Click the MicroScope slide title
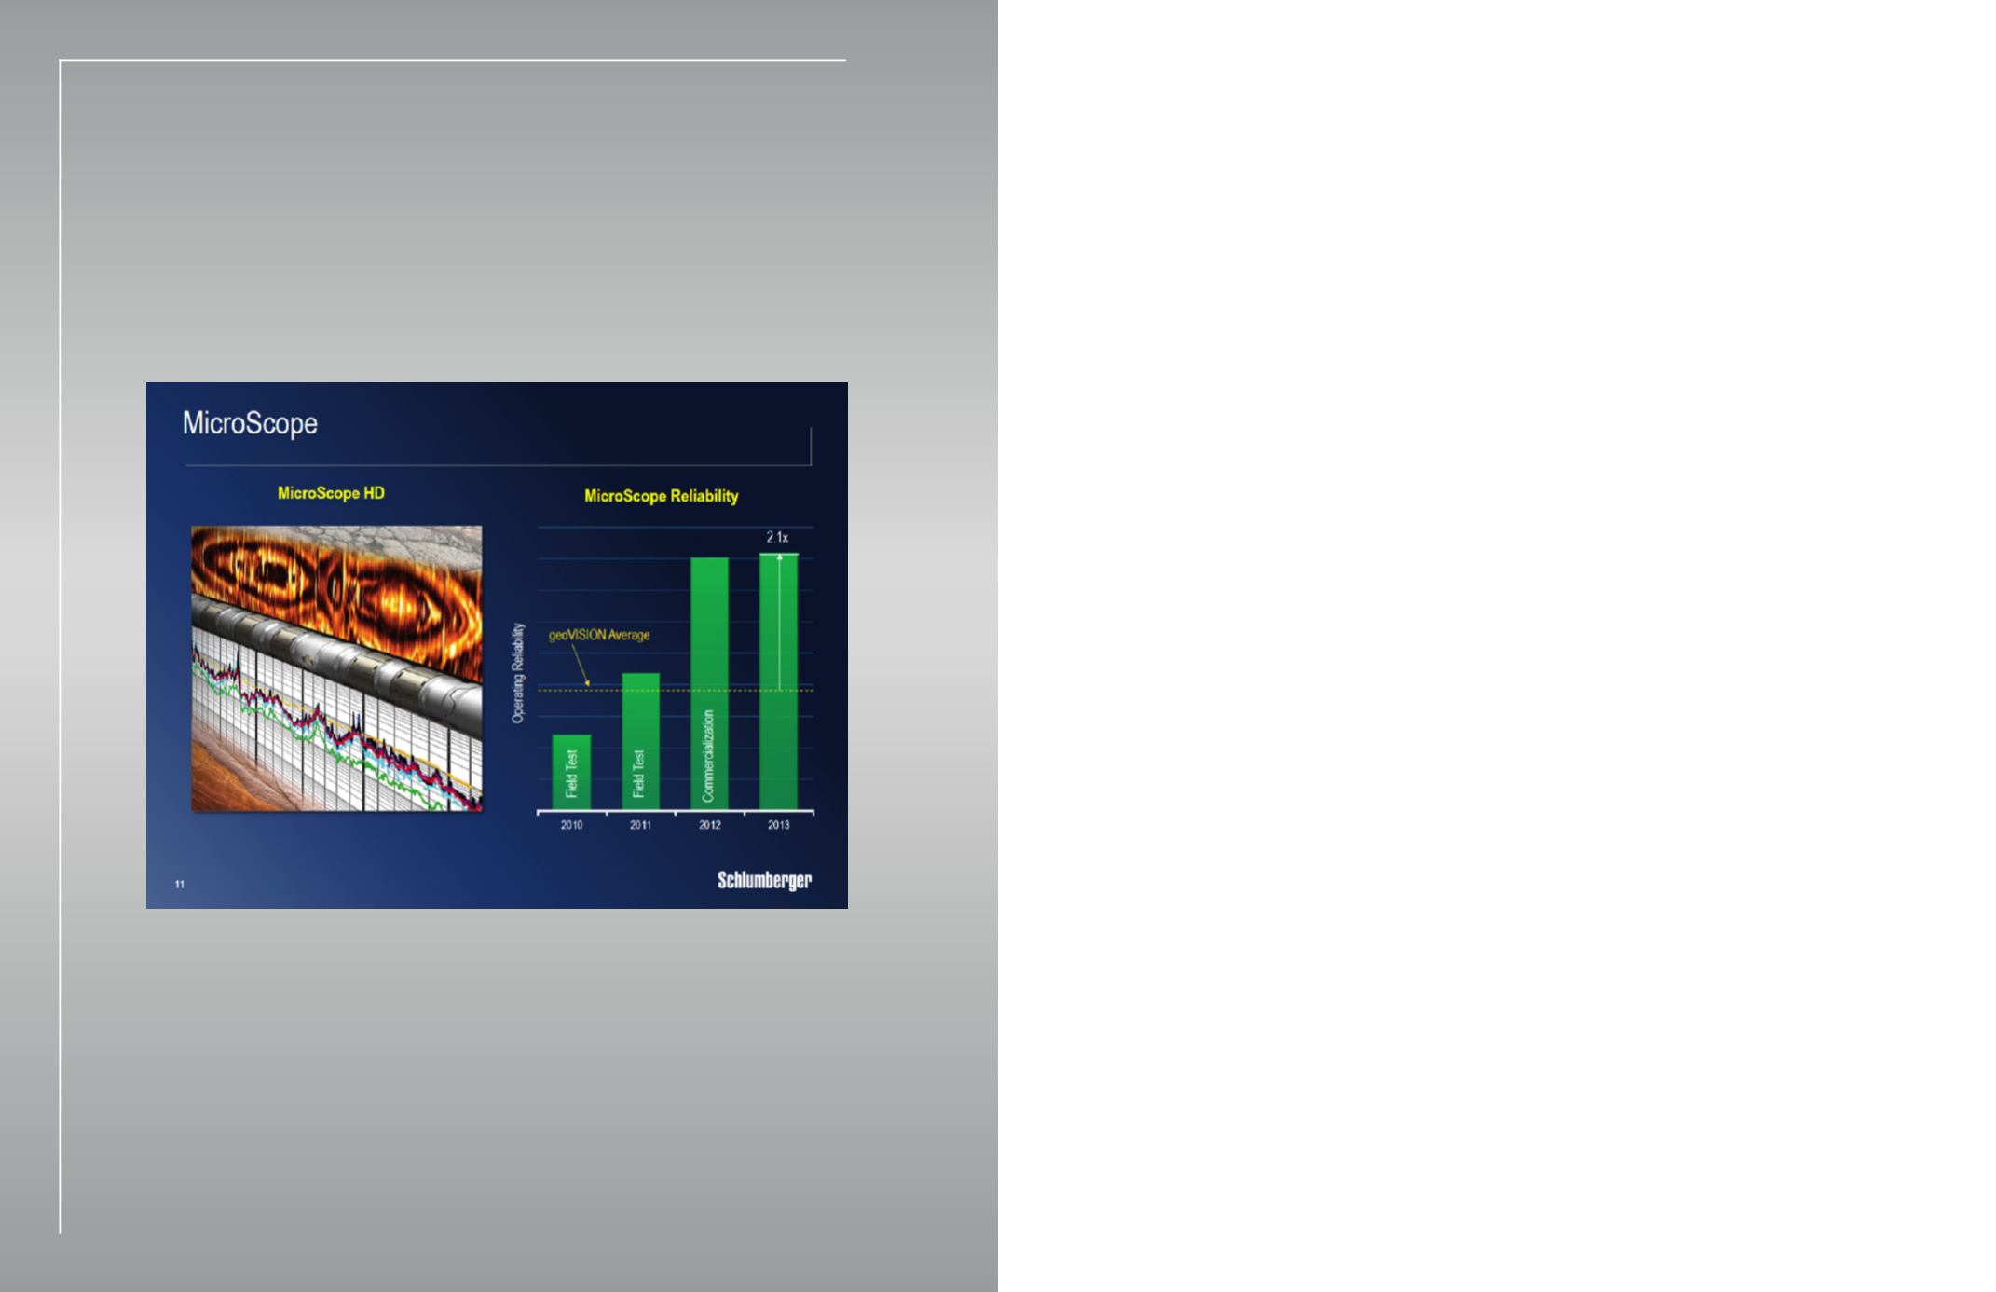[250, 424]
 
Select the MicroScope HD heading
[331, 493]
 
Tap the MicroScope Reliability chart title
[661, 496]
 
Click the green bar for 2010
[571, 772]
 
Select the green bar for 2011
[640, 741]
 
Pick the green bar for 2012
[709, 683]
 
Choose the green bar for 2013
[778, 681]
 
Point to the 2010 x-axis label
[571, 825]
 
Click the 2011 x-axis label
[640, 825]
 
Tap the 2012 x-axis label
[709, 825]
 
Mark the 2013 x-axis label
[778, 825]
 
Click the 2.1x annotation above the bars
[777, 538]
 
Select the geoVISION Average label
[599, 635]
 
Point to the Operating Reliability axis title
[519, 673]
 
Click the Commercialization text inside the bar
[708, 756]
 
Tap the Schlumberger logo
[764, 881]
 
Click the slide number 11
[180, 884]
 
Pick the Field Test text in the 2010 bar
[571, 774]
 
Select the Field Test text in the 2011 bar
[639, 774]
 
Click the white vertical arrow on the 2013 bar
[779, 622]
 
